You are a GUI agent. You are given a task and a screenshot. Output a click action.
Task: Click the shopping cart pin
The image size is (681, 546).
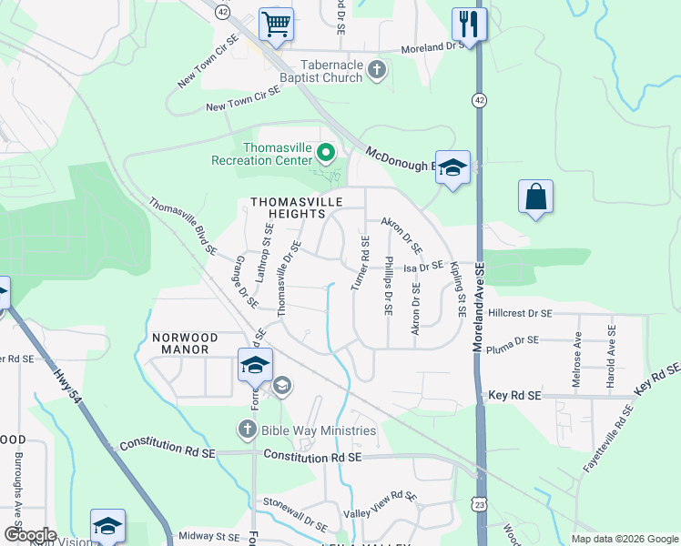[x=277, y=24]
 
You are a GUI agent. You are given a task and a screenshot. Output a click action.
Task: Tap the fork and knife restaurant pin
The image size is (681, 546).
[x=469, y=24]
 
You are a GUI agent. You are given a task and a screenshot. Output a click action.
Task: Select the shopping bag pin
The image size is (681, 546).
[x=535, y=196]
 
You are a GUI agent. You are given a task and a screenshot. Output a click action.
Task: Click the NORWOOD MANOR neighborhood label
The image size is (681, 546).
[x=180, y=342]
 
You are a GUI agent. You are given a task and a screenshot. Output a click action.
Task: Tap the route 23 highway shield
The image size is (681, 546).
[x=480, y=503]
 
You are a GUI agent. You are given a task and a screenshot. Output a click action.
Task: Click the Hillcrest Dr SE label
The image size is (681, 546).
[x=520, y=312]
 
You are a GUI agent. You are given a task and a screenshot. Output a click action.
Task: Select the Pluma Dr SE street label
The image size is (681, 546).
[x=513, y=340]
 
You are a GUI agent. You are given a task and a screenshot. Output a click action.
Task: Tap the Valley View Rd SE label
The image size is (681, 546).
[x=380, y=505]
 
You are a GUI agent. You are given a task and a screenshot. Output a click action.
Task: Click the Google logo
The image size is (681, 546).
[x=29, y=535]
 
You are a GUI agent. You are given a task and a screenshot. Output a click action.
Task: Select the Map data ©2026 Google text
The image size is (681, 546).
[x=624, y=539]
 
